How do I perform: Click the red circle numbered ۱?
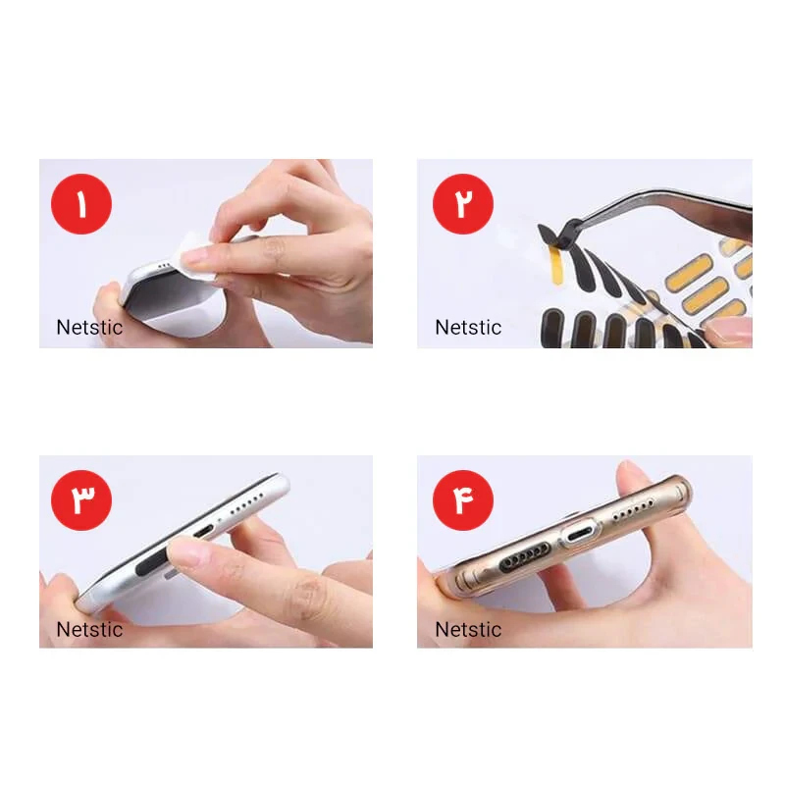81,204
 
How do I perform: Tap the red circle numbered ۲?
462,204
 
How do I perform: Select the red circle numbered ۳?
81,500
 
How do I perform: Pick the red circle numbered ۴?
462,500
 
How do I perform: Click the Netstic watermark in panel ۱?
89,328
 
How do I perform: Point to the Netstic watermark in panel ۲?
468,328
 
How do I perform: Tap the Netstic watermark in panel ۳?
89,629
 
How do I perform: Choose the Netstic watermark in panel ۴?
468,629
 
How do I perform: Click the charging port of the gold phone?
580,537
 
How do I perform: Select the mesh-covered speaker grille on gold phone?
523,558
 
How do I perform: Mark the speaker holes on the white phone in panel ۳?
247,503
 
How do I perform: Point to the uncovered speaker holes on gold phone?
633,509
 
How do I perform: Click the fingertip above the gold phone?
632,476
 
